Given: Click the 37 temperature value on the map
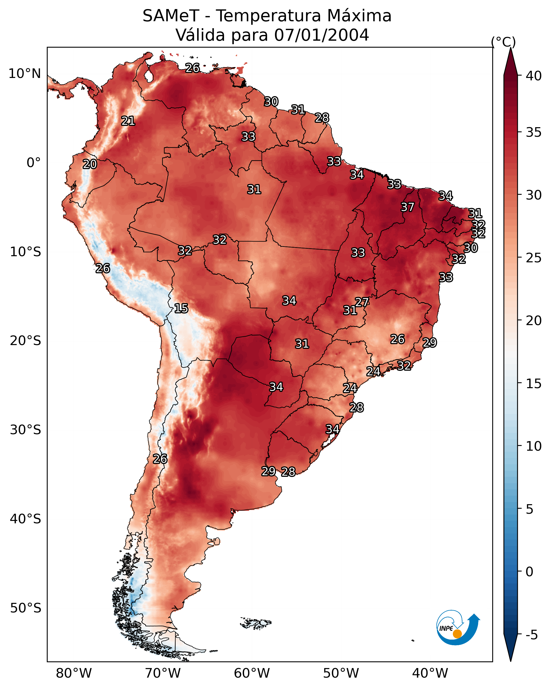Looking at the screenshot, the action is [407, 207].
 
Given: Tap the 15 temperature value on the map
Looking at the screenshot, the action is [181, 308].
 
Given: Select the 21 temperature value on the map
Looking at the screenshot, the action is [128, 121].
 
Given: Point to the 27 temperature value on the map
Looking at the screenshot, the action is [362, 302].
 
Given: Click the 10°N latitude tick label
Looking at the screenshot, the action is [24, 74].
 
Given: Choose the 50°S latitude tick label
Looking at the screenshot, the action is [26, 608].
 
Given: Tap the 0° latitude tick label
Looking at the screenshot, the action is [34, 163].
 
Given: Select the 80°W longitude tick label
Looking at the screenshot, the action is [74, 673].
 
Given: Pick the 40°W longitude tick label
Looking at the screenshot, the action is [430, 673].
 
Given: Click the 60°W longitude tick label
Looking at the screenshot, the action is [252, 673].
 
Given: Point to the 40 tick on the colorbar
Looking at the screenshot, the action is [534, 76].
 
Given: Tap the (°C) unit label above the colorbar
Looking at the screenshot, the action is [503, 42].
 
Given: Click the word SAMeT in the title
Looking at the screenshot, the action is [171, 16].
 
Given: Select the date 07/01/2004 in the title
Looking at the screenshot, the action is [321, 35].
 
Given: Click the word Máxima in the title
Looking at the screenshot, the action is [359, 16].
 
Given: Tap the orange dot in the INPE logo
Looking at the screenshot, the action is [457, 634].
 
